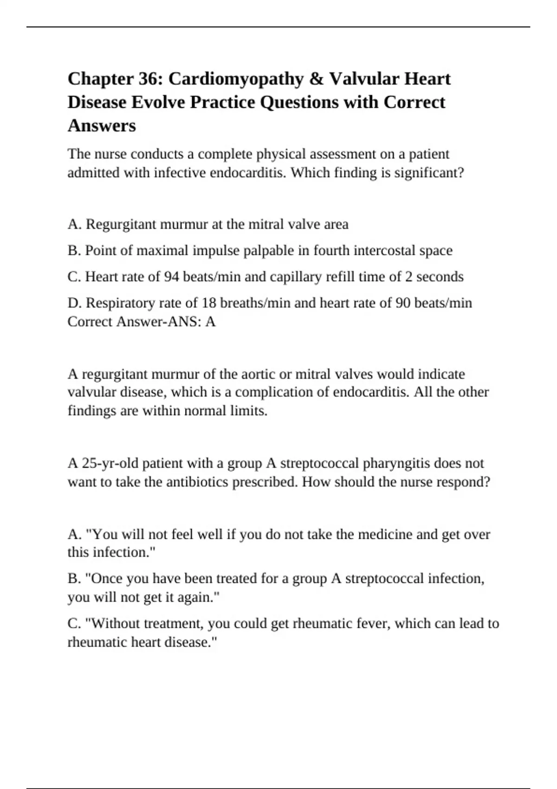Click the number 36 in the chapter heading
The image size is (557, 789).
149,79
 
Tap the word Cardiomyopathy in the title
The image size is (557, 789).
235,79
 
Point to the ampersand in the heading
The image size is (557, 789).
316,79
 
